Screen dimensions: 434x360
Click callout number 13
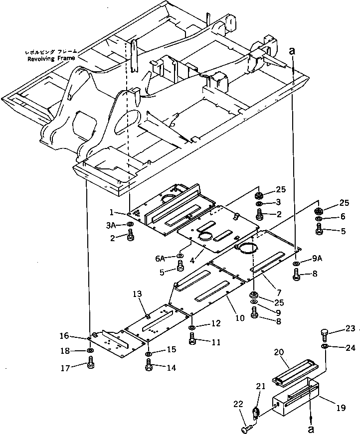pos(138,294)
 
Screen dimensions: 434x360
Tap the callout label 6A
pos(160,258)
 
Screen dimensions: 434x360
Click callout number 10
pos(240,317)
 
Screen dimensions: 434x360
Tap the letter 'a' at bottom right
pos(311,429)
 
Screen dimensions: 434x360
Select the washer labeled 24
pos(325,346)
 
